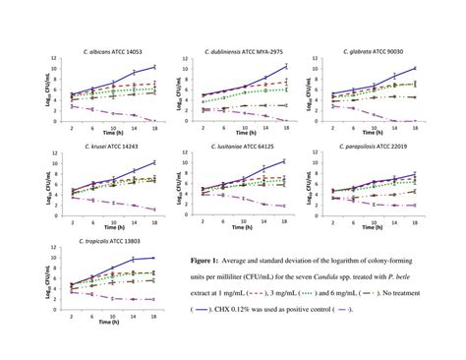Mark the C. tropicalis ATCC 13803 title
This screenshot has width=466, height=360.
104,239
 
